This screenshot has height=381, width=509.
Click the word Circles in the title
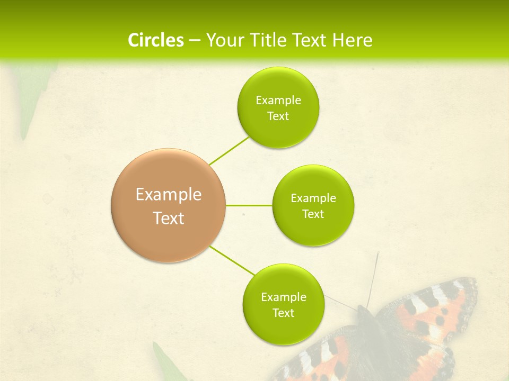pyautogui.click(x=156, y=40)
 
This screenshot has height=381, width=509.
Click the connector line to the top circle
pyautogui.click(x=229, y=151)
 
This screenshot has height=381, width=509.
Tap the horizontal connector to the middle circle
pyautogui.click(x=249, y=205)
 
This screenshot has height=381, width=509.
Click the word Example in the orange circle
pyautogui.click(x=169, y=195)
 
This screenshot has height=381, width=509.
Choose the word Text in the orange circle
pyautogui.click(x=169, y=218)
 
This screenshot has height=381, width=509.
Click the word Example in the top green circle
pyautogui.click(x=278, y=101)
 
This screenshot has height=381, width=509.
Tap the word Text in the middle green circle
pyautogui.click(x=313, y=214)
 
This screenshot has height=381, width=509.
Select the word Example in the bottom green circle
pyautogui.click(x=283, y=297)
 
